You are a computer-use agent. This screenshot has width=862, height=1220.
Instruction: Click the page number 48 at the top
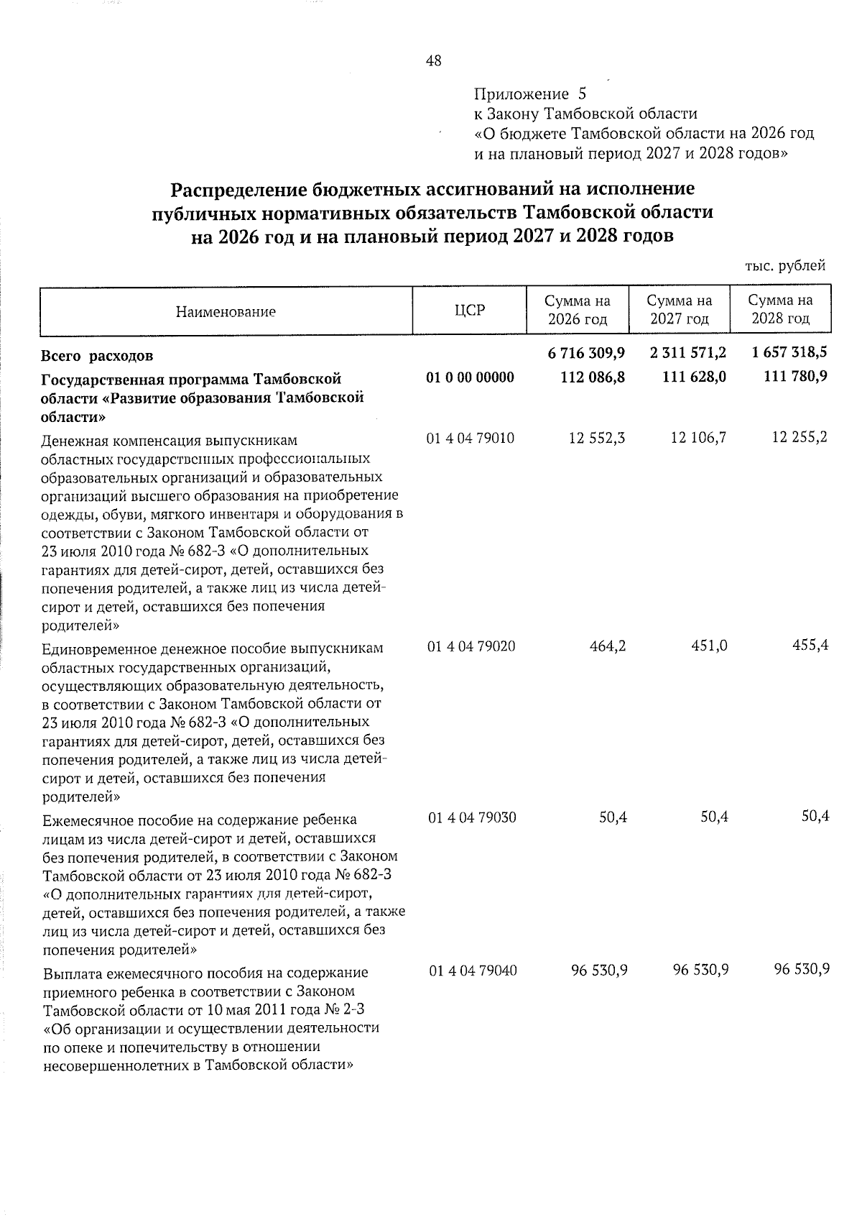(x=433, y=61)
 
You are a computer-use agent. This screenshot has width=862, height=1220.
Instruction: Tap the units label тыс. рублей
(x=785, y=266)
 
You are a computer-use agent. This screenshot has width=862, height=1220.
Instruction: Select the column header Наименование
(x=226, y=312)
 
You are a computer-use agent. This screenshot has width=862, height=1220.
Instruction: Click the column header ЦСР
(x=470, y=311)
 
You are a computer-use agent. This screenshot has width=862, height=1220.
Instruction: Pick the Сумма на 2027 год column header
(x=679, y=310)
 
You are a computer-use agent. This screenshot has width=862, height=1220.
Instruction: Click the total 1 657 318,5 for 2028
(x=789, y=353)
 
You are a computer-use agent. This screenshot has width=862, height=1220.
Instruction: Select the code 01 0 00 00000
(x=471, y=377)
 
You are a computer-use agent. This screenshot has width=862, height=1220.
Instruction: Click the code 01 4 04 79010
(x=471, y=438)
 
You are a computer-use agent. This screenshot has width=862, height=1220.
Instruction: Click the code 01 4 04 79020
(x=471, y=646)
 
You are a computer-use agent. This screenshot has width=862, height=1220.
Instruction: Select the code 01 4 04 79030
(x=471, y=818)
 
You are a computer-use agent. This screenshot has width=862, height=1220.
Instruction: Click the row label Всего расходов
(x=97, y=356)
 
